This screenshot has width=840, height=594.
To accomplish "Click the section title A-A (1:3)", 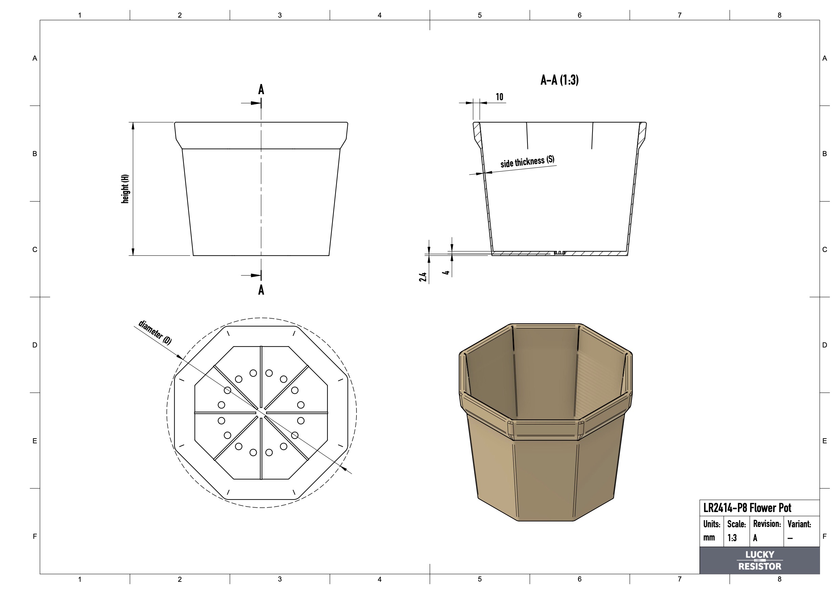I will coord(559,80).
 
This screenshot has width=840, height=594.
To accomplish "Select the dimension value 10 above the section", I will coord(499,97).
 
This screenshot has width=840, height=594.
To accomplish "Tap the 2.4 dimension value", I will coord(423,277).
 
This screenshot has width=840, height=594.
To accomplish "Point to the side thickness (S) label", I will coord(527,162).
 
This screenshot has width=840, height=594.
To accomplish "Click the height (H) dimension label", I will coord(125,189).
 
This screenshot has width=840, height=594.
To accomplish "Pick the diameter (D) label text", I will coord(155,332).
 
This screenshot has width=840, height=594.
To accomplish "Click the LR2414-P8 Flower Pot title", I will coord(747,508).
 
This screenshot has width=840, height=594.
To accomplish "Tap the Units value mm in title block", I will coord(709,538).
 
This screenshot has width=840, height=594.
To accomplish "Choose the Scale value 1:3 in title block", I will coord(732,538).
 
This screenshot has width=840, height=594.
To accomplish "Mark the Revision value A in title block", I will coord(755,538).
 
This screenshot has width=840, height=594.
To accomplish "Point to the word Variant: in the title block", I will coord(799,524).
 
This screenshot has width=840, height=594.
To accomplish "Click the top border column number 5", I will coord(480,15).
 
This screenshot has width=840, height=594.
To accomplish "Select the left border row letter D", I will coord(35,345).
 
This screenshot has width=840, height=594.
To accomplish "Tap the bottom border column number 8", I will coord(779,579).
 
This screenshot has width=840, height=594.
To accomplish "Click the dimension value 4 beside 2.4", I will coord(446,273).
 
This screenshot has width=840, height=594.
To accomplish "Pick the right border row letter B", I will coord(825,154).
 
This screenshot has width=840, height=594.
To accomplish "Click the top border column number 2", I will coord(180,15).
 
